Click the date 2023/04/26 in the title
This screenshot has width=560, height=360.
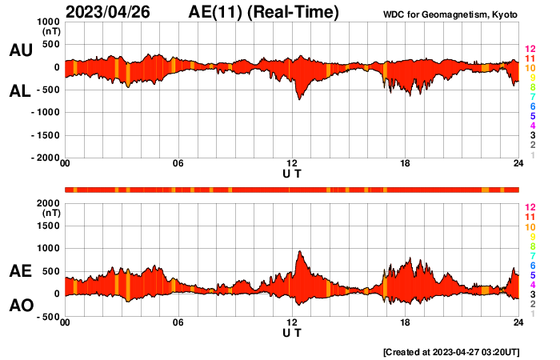(x=107, y=12)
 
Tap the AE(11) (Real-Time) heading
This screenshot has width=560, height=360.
(x=263, y=12)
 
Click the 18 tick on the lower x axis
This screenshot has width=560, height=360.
(x=406, y=322)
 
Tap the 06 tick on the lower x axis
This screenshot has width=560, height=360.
(x=178, y=322)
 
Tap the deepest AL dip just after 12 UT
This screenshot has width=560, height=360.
(x=298, y=98)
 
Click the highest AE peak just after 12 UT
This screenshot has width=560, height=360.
(x=299, y=251)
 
